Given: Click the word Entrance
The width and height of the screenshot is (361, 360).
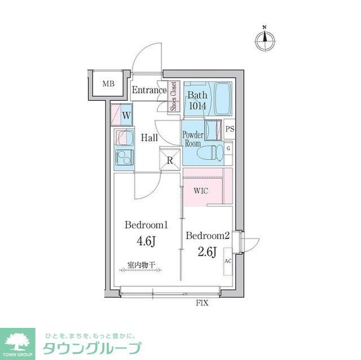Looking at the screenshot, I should point(149,90).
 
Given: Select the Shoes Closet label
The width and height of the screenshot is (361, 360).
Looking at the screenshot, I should point(174,96).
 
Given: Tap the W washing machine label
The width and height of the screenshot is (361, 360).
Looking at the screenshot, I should point(126,115).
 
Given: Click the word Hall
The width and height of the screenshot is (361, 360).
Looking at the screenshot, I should point(149,138).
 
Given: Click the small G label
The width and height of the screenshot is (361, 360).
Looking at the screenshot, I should point(228,148).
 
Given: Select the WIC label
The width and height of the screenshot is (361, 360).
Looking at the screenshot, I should point(201,191).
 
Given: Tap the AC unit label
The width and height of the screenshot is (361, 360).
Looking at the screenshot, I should point(228,262).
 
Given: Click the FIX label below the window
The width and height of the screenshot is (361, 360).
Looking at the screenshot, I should point(202,303).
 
